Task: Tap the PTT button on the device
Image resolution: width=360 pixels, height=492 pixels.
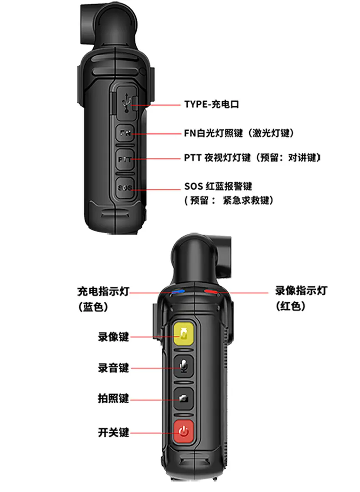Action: point(125,160)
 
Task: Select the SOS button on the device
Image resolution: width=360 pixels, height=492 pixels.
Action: point(125,188)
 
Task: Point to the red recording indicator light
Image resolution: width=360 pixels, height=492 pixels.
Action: point(211,292)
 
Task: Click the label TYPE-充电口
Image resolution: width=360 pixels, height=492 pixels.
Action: point(212,104)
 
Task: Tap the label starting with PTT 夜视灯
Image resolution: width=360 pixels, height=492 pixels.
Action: point(252,157)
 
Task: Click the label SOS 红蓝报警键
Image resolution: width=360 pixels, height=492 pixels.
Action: point(218,186)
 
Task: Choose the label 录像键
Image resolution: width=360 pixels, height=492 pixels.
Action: point(113,337)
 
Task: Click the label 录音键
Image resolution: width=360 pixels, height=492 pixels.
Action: point(113,368)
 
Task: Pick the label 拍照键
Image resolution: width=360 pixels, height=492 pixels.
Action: point(113,399)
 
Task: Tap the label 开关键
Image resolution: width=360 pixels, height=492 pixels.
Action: point(113,432)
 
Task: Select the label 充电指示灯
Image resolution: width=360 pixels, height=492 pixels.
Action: point(103,291)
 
